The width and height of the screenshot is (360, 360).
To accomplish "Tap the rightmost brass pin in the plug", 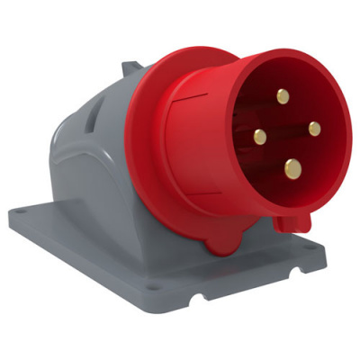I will coord(314,129).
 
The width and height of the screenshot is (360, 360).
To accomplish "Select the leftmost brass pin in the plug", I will coord(260,137).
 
